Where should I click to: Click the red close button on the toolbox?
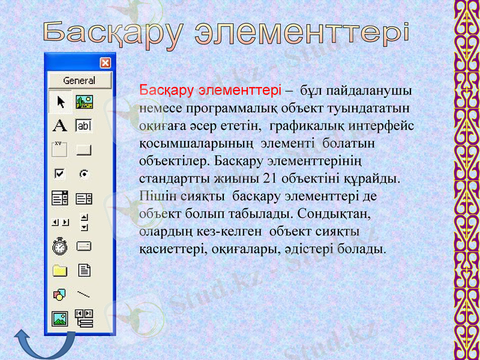tap(105, 62)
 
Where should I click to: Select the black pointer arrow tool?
tap(60, 102)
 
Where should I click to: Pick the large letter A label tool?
tap(59, 125)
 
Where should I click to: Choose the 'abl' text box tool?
tap(83, 125)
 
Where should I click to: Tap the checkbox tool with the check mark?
tap(59, 174)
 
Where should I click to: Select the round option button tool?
tap(84, 174)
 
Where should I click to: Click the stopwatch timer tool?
tap(59, 246)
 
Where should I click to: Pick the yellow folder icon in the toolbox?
tap(59, 271)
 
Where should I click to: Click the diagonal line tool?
tap(84, 294)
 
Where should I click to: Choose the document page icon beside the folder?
tap(84, 271)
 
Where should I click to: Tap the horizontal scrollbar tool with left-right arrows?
tap(59, 223)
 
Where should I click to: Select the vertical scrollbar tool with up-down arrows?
tap(84, 222)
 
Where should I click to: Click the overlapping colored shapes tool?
tap(59, 294)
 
